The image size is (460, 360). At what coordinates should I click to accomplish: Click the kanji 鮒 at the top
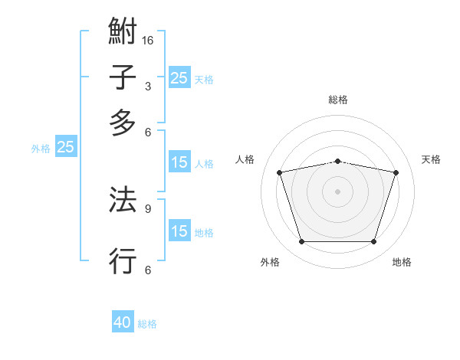[123, 32]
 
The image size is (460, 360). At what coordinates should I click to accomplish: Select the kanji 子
[123, 77]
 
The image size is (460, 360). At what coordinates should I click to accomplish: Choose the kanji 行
[123, 260]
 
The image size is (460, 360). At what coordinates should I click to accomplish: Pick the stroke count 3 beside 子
[147, 86]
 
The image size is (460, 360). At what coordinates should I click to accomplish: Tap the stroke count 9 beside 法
[147, 208]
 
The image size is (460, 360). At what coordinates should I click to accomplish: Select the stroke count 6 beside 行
[147, 269]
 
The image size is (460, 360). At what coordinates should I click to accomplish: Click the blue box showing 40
[123, 322]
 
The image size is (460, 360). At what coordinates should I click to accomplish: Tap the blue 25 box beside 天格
[179, 77]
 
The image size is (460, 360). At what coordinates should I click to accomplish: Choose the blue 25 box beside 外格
[65, 147]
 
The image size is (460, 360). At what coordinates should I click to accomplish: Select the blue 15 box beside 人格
[179, 162]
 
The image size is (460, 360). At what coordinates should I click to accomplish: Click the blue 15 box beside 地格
[179, 231]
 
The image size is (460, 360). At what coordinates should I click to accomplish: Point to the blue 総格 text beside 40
[147, 324]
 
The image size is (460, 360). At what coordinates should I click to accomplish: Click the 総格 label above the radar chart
[337, 100]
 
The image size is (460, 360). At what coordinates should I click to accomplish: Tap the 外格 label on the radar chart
[270, 262]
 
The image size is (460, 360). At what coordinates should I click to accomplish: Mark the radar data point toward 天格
[396, 172]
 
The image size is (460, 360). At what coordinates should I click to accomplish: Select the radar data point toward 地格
[373, 241]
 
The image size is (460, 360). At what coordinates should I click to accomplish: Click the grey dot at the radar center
[337, 191]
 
